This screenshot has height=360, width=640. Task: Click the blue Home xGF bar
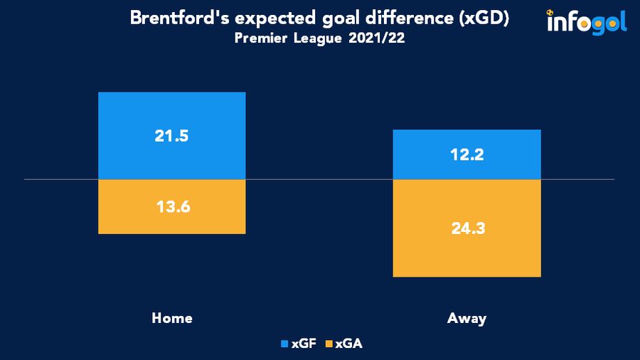[171, 114]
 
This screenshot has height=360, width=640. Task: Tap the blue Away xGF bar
[466, 142]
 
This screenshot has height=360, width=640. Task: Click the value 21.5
[171, 136]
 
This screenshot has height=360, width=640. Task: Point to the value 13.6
[171, 207]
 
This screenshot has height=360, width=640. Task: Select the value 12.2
[466, 154]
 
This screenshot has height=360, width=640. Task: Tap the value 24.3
[466, 229]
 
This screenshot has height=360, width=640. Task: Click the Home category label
[172, 318]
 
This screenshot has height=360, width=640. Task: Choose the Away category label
[466, 318]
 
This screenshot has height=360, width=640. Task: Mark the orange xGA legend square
[328, 344]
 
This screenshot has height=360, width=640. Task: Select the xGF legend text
[304, 344]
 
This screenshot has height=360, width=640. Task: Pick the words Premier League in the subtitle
[289, 38]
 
